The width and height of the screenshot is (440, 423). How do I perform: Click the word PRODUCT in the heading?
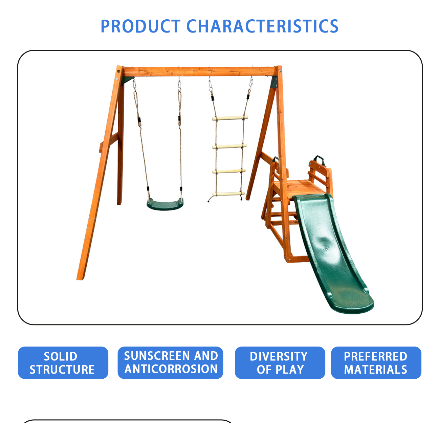pos(140,26)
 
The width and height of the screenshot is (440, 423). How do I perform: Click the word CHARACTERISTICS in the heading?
pos(262,26)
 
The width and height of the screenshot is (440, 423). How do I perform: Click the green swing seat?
pos(165,204)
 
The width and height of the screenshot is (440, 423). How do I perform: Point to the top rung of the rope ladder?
pos(230,118)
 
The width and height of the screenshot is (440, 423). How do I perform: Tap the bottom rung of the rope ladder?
pos(228,194)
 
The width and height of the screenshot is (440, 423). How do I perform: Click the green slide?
pos(332,253)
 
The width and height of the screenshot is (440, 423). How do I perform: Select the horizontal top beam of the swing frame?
pos(199,72)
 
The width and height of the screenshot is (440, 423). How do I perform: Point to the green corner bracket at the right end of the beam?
pos(274,82)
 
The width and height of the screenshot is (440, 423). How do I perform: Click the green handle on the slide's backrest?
pos(319,159)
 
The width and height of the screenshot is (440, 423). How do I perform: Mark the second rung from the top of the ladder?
pos(229,147)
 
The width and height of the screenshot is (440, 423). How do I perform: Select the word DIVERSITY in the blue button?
pos(279,357)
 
